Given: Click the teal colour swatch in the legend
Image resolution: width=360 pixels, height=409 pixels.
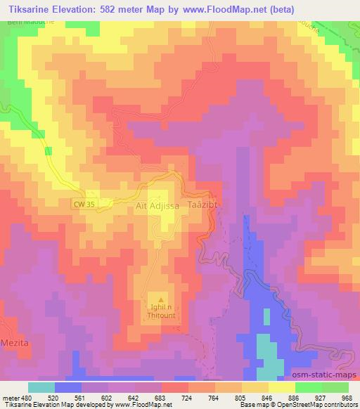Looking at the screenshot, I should [x=41, y=387].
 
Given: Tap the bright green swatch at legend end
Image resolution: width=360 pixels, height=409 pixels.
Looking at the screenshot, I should [x=335, y=387].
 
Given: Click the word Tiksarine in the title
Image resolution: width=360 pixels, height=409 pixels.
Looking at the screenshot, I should [x=27, y=7].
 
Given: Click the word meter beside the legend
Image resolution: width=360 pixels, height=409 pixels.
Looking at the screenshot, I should [x=11, y=397].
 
